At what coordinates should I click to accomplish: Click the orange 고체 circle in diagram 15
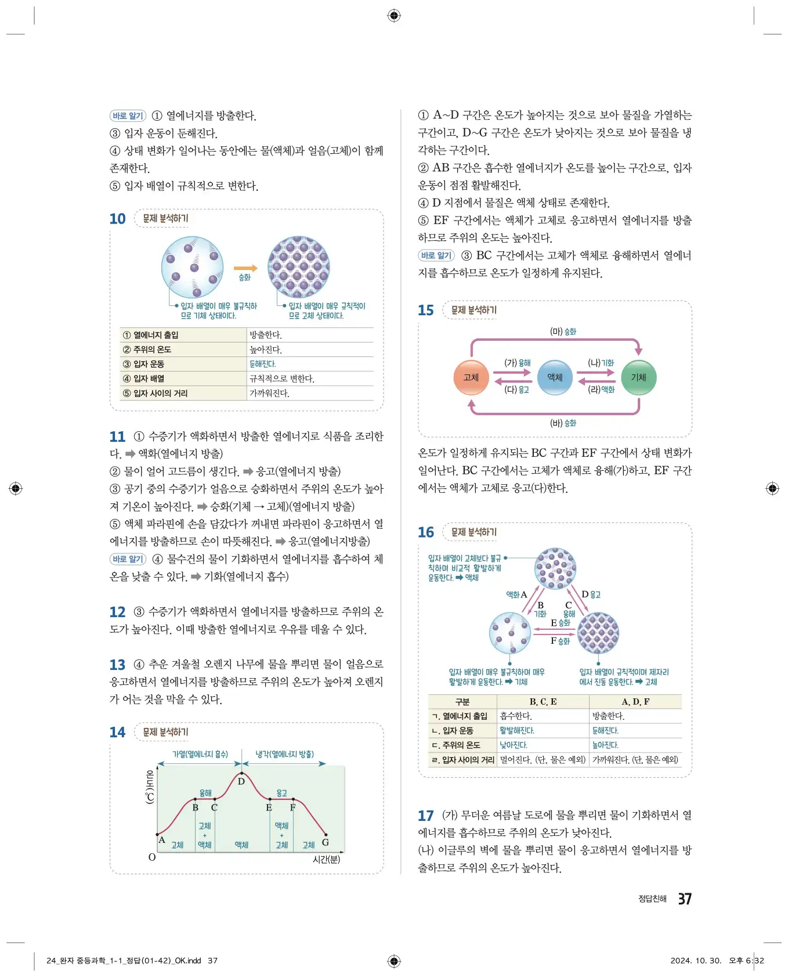click(x=471, y=377)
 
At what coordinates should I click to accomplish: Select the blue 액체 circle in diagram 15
click(x=555, y=377)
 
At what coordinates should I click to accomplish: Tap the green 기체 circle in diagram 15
click(x=638, y=377)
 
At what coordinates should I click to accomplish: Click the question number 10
click(x=117, y=219)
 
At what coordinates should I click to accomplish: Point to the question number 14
click(x=117, y=732)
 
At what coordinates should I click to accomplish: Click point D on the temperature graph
click(x=241, y=781)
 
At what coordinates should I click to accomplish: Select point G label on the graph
click(x=325, y=842)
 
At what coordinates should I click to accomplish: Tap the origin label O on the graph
click(x=152, y=857)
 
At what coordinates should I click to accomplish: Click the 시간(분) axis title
click(x=326, y=859)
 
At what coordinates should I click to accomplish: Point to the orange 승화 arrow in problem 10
click(x=245, y=268)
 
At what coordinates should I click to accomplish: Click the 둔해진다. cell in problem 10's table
click(x=262, y=364)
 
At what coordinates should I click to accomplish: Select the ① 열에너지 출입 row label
click(x=151, y=335)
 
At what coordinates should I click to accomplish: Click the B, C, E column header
click(x=543, y=701)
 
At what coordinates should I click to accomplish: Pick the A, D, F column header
click(x=635, y=701)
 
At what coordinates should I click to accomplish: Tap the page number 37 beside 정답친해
click(x=685, y=899)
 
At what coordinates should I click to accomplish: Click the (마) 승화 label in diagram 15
click(x=563, y=331)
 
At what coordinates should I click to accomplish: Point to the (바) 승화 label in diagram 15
click(x=563, y=423)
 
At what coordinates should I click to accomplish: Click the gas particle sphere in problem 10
click(x=192, y=267)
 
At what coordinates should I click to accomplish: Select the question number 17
click(x=425, y=816)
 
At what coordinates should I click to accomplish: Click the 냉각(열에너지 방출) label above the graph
click(x=284, y=754)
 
